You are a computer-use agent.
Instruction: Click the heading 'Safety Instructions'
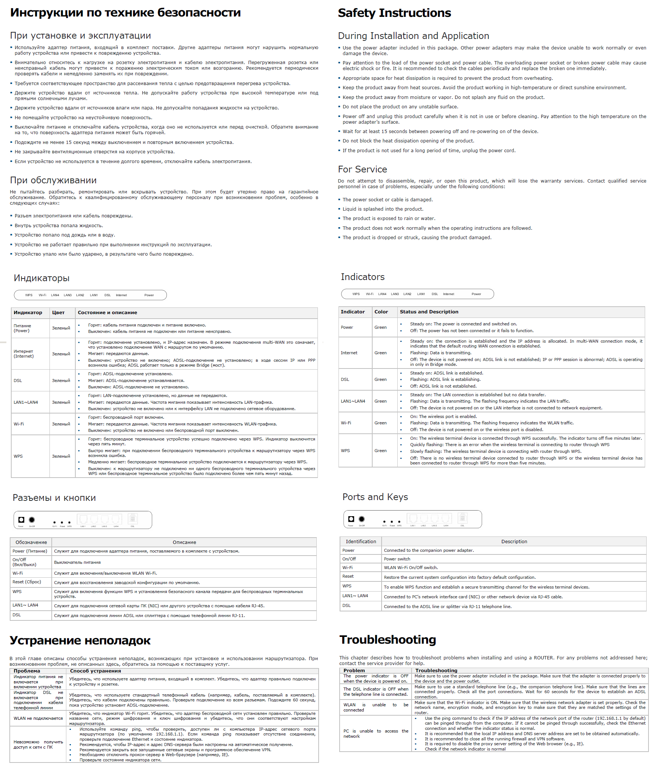coord(394,13)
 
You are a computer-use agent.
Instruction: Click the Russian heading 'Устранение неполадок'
coord(80,640)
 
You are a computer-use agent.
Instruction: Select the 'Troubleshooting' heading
coord(388,640)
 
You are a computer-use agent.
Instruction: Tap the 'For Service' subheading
coord(362,169)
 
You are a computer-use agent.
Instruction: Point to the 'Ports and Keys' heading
coord(375,497)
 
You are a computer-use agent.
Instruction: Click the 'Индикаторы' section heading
coord(42,278)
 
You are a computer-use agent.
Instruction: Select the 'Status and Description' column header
coord(429,312)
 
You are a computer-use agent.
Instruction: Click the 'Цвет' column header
coord(58,313)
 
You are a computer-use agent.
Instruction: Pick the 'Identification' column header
coord(361,542)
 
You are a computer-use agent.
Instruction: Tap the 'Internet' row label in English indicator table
coord(349,353)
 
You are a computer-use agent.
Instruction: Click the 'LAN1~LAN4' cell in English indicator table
coord(353,401)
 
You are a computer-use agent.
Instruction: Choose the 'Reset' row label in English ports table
coord(348,576)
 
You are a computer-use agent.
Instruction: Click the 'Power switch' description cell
coord(397,559)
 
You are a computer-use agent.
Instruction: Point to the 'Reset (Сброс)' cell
coord(27,582)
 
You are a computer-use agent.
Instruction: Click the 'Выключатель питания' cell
coord(77,562)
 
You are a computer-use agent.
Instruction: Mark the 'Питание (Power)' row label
coord(22,328)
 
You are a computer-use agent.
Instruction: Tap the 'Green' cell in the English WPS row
coord(380,451)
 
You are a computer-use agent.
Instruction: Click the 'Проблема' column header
coord(27,671)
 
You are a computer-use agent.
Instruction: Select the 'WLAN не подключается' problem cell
coord(38,718)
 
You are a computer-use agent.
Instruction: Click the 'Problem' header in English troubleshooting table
coord(354,671)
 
